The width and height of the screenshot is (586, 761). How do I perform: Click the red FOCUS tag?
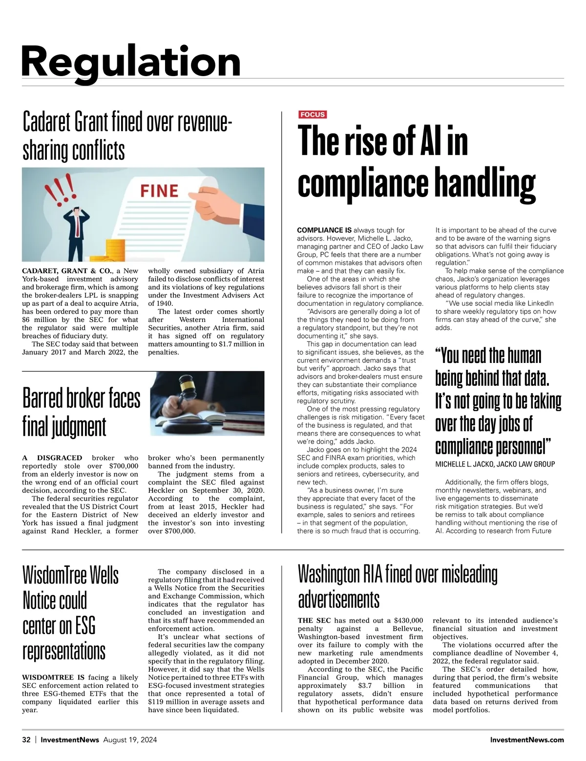pyautogui.click(x=313, y=115)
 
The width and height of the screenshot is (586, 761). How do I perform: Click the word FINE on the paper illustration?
pyautogui.click(x=159, y=190)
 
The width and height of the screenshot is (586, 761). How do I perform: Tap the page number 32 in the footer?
pyautogui.click(x=26, y=740)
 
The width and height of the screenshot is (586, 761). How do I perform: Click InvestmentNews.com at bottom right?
pyautogui.click(x=526, y=740)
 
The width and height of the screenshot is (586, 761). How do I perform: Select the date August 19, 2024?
pyautogui.click(x=130, y=740)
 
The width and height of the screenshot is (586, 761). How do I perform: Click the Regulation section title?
pyautogui.click(x=131, y=61)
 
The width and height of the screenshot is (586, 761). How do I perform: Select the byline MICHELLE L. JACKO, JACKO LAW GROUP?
pyautogui.click(x=495, y=464)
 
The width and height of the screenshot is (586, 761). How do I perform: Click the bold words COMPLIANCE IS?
pyautogui.click(x=324, y=230)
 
